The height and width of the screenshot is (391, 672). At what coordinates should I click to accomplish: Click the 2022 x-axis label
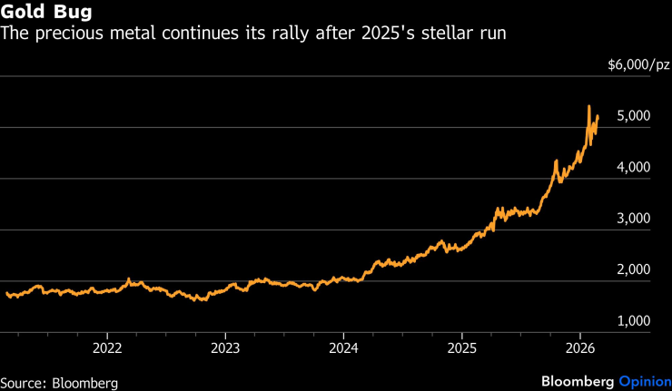(107, 347)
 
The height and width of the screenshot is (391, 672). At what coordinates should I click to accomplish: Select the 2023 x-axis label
(225, 347)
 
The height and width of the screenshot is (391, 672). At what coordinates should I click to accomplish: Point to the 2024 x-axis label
(344, 347)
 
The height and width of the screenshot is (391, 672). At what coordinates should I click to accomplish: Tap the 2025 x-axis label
(462, 347)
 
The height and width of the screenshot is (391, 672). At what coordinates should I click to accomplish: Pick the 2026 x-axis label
(580, 347)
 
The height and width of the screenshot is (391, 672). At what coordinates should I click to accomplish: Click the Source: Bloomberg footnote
(59, 382)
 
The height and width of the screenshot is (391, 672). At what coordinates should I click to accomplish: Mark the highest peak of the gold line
(589, 106)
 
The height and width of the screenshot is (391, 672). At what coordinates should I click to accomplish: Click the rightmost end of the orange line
(598, 116)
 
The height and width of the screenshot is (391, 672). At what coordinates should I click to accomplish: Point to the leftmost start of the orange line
(6, 293)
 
